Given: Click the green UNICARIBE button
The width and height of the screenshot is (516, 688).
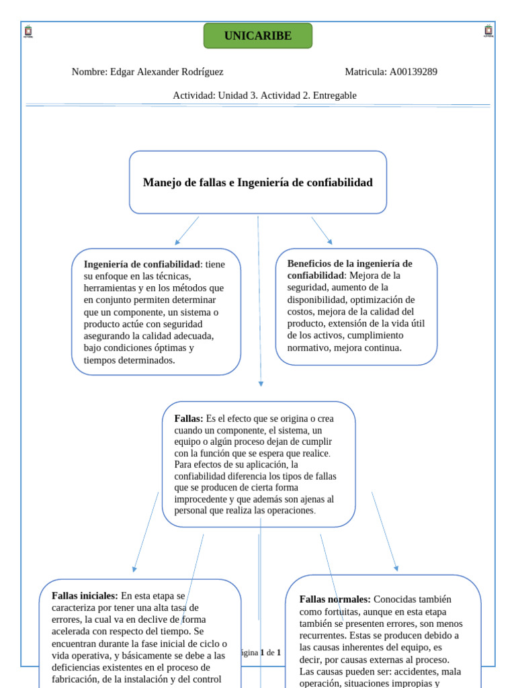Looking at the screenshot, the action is [x=258, y=36].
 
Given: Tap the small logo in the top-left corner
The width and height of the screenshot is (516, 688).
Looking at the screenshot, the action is [x=28, y=31].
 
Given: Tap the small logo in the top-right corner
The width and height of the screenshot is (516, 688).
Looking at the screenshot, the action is [x=488, y=31].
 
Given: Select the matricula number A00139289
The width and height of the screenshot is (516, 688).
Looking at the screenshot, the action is [x=413, y=72].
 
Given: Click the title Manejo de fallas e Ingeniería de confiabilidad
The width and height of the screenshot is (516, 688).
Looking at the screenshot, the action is [x=258, y=183].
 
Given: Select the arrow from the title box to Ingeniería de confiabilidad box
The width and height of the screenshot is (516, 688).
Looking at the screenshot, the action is [x=187, y=230].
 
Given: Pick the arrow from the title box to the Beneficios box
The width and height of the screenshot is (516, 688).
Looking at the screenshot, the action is [x=322, y=230].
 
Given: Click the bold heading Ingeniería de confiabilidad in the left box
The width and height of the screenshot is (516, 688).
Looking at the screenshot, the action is [x=142, y=264].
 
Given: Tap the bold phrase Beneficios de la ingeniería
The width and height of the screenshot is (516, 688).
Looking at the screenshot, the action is [x=349, y=263].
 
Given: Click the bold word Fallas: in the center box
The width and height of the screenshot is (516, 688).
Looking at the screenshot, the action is [x=189, y=419].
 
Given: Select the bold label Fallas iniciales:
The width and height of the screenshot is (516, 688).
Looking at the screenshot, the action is [x=85, y=595].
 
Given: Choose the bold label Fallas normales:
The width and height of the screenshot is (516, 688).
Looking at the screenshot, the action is [x=335, y=599].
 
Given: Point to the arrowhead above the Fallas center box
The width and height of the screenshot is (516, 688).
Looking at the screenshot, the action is [x=261, y=384].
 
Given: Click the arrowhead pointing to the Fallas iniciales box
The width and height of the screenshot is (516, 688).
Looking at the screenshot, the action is [x=134, y=568].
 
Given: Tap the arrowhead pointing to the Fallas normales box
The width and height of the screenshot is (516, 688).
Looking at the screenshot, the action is [x=396, y=568].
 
